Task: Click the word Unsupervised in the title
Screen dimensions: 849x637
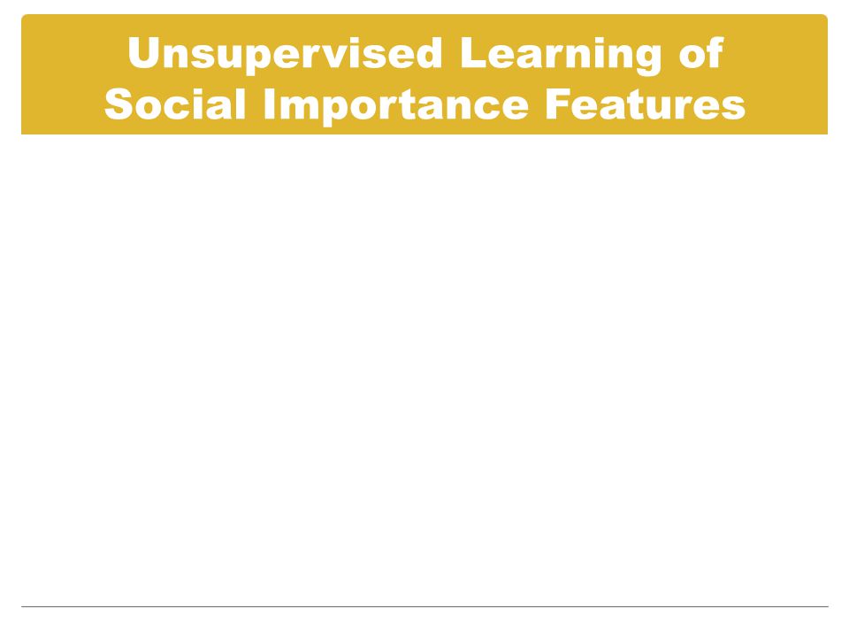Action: (x=285, y=55)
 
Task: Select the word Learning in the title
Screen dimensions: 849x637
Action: (x=561, y=55)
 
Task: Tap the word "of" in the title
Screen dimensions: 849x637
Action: (x=701, y=52)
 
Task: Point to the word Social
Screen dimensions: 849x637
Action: (x=175, y=104)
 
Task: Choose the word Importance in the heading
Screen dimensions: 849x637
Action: (x=396, y=106)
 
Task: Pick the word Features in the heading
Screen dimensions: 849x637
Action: (x=646, y=104)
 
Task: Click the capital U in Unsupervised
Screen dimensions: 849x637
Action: (x=144, y=53)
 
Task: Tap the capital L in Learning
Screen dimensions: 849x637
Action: (x=473, y=52)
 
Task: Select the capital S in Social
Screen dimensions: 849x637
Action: (x=119, y=104)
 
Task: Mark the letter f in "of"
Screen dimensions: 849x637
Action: (x=715, y=52)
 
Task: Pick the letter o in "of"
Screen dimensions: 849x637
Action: (x=692, y=58)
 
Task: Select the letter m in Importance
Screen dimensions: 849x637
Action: (x=300, y=108)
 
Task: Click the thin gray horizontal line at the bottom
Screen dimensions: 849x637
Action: (x=424, y=607)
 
